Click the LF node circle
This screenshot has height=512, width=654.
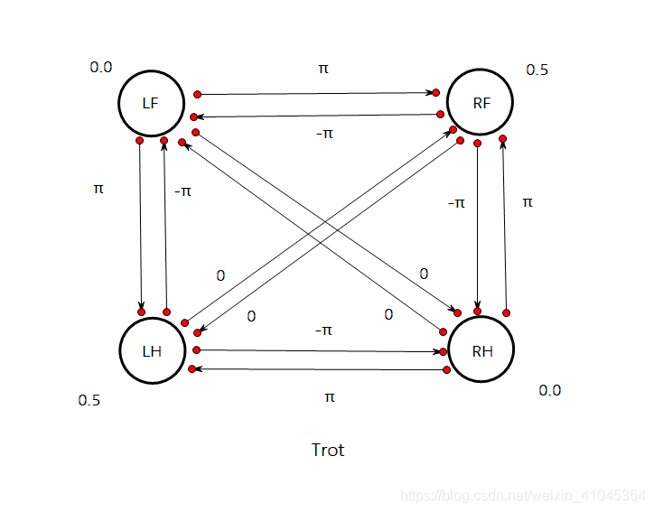click(x=151, y=103)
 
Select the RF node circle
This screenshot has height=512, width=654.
click(x=481, y=103)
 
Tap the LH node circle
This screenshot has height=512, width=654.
click(x=151, y=350)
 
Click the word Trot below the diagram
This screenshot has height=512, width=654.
click(x=327, y=450)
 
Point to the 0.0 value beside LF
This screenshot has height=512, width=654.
click(x=100, y=67)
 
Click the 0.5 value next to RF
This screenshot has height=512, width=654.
click(x=537, y=70)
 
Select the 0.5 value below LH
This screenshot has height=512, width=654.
click(x=89, y=400)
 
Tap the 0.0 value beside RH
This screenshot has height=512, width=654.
click(x=549, y=390)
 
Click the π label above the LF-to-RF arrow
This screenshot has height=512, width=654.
click(x=323, y=69)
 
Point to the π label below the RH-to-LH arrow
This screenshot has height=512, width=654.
click(x=329, y=396)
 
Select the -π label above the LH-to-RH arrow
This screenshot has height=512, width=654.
click(x=324, y=330)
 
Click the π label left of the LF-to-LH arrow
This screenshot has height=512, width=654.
click(x=98, y=189)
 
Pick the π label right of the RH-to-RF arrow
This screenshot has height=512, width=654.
click(x=528, y=202)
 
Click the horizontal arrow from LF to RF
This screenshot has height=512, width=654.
click(x=316, y=93)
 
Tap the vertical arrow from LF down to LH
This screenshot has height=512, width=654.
click(x=141, y=226)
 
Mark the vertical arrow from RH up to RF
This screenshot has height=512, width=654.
click(x=504, y=226)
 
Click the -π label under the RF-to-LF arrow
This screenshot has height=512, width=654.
click(x=324, y=134)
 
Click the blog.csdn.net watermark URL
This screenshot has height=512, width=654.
click(x=523, y=496)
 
